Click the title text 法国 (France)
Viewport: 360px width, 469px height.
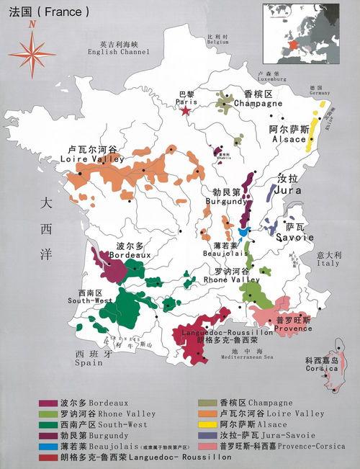pos(46,12)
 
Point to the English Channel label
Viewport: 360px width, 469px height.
pos(117,48)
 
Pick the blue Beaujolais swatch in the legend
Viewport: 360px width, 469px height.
pos(50,446)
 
